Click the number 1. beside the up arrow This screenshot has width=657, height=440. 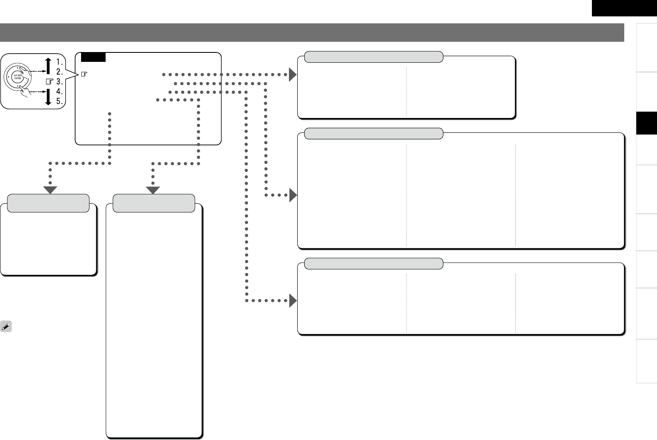60,61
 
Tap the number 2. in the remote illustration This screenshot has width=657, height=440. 60,72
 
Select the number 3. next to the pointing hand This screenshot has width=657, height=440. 60,82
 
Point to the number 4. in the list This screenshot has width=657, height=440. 60,91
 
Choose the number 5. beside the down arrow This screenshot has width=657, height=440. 60,101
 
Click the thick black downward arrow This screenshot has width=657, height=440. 48,97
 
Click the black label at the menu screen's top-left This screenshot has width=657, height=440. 93,57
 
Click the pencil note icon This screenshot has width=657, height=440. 6,327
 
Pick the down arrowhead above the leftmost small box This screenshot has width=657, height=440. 50,190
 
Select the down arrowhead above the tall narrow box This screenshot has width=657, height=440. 153,190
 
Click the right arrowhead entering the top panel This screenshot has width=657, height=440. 293,75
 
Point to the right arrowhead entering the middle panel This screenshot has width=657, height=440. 293,195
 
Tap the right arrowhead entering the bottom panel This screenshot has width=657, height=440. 293,301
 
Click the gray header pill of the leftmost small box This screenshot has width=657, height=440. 48,203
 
